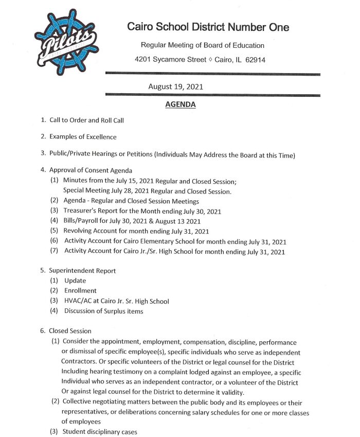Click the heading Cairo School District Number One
coord(208,27)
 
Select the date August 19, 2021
coord(175,86)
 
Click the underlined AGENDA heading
coord(180,105)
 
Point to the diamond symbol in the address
coord(210,60)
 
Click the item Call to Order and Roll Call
coord(86,120)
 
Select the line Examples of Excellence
coord(83,137)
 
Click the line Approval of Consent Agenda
coord(91,170)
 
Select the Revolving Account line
coord(136,231)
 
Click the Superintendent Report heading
coord(82,270)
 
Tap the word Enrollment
coord(80,291)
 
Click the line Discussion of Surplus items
coord(103,311)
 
